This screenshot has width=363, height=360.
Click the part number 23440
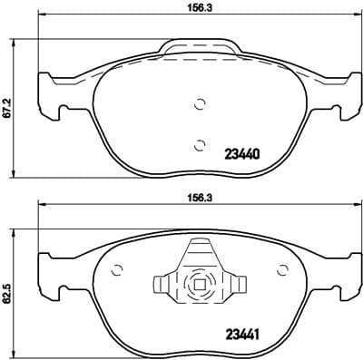coord(241,154)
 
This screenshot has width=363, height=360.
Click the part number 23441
coord(241,332)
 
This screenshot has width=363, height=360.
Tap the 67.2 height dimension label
coord(8,110)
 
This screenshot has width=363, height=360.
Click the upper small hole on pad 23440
coord(200,102)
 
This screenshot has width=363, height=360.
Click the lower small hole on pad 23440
coord(200,142)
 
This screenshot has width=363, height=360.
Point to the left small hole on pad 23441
coord(116,269)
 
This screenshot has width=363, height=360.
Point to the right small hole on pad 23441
coord(283,269)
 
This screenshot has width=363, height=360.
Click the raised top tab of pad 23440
coord(200,46)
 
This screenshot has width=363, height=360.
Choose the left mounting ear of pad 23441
coord(49,277)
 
